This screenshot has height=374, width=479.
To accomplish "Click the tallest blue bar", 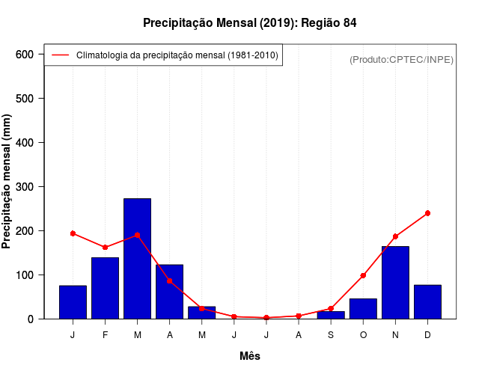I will point(137,258).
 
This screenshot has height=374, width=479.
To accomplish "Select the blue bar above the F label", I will point(105,288).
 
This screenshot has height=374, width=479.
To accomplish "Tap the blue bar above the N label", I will point(395,282).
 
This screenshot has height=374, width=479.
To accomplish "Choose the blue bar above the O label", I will point(363,308).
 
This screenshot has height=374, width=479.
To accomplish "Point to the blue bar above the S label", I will point(331,315).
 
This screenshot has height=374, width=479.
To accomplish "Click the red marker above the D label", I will point(427,213).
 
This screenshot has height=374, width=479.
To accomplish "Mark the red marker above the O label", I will point(363,275).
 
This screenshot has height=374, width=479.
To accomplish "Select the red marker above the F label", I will point(105,247).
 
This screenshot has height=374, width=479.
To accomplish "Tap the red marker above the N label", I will point(395,236).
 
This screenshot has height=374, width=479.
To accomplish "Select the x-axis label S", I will point(331,335).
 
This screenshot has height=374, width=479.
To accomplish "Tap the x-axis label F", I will point(105,335).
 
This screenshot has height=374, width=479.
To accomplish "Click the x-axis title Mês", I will point(250,356).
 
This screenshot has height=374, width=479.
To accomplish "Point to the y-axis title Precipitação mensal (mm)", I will point(8,187).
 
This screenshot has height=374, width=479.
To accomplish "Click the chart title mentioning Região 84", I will point(250,23).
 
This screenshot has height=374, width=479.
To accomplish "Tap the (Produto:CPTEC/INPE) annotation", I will point(401,59).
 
